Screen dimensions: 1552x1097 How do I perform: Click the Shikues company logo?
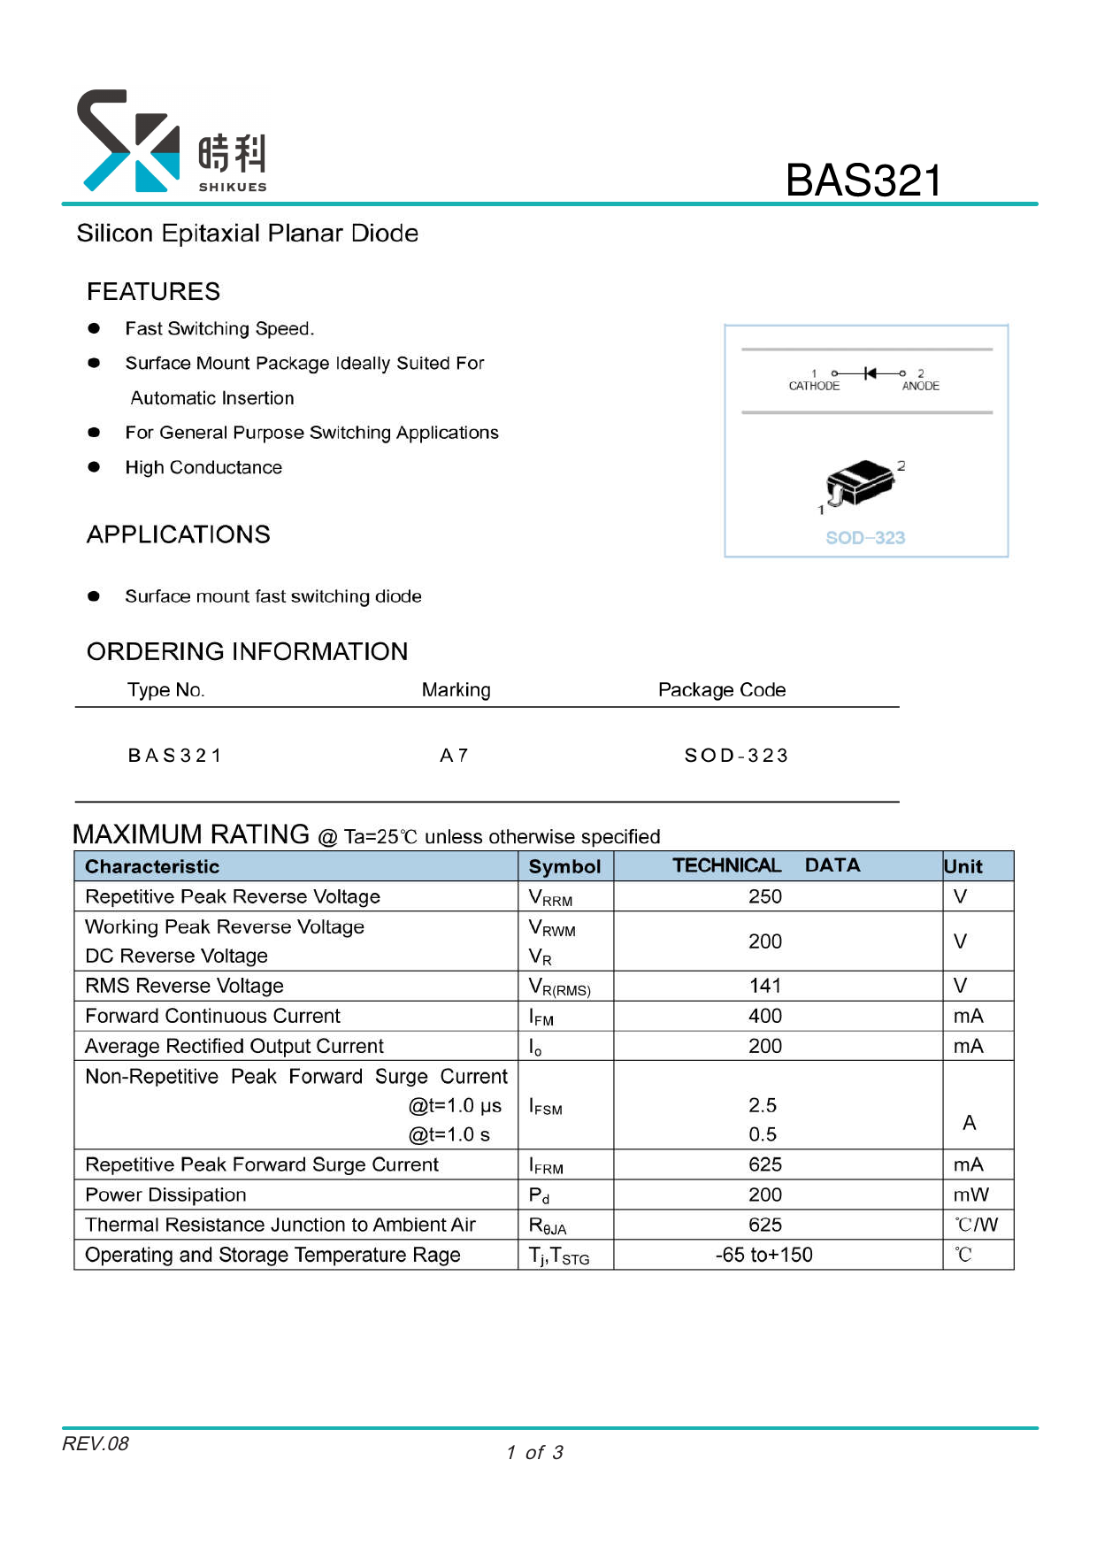[x=172, y=142]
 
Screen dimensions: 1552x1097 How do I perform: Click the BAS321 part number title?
[x=863, y=181]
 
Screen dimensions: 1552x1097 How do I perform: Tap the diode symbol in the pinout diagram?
[x=870, y=373]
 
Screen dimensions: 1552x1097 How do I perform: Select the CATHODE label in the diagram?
[x=814, y=386]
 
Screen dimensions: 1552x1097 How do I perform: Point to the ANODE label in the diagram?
[x=920, y=386]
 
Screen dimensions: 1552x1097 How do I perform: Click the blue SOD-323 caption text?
[x=865, y=538]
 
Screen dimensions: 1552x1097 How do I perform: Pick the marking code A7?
[x=454, y=756]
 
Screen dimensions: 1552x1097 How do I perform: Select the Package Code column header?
[x=721, y=690]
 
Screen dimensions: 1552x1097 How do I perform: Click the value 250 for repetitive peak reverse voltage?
[x=764, y=896]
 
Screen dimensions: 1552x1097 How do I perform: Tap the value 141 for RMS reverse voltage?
[x=764, y=986]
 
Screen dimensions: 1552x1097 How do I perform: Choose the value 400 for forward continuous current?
[x=764, y=1016]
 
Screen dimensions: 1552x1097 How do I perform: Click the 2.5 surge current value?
[x=762, y=1105]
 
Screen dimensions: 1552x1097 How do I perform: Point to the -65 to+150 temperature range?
[x=763, y=1255]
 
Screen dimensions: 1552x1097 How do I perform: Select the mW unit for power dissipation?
[x=970, y=1195]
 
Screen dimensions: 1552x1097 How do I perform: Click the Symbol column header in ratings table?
[x=564, y=866]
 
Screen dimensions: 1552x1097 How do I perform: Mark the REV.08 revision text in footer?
[x=96, y=1444]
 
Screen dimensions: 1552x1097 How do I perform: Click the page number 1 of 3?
[x=534, y=1453]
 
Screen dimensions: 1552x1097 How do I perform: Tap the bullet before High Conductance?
[x=94, y=467]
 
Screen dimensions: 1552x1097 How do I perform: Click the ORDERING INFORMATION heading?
[x=247, y=651]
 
